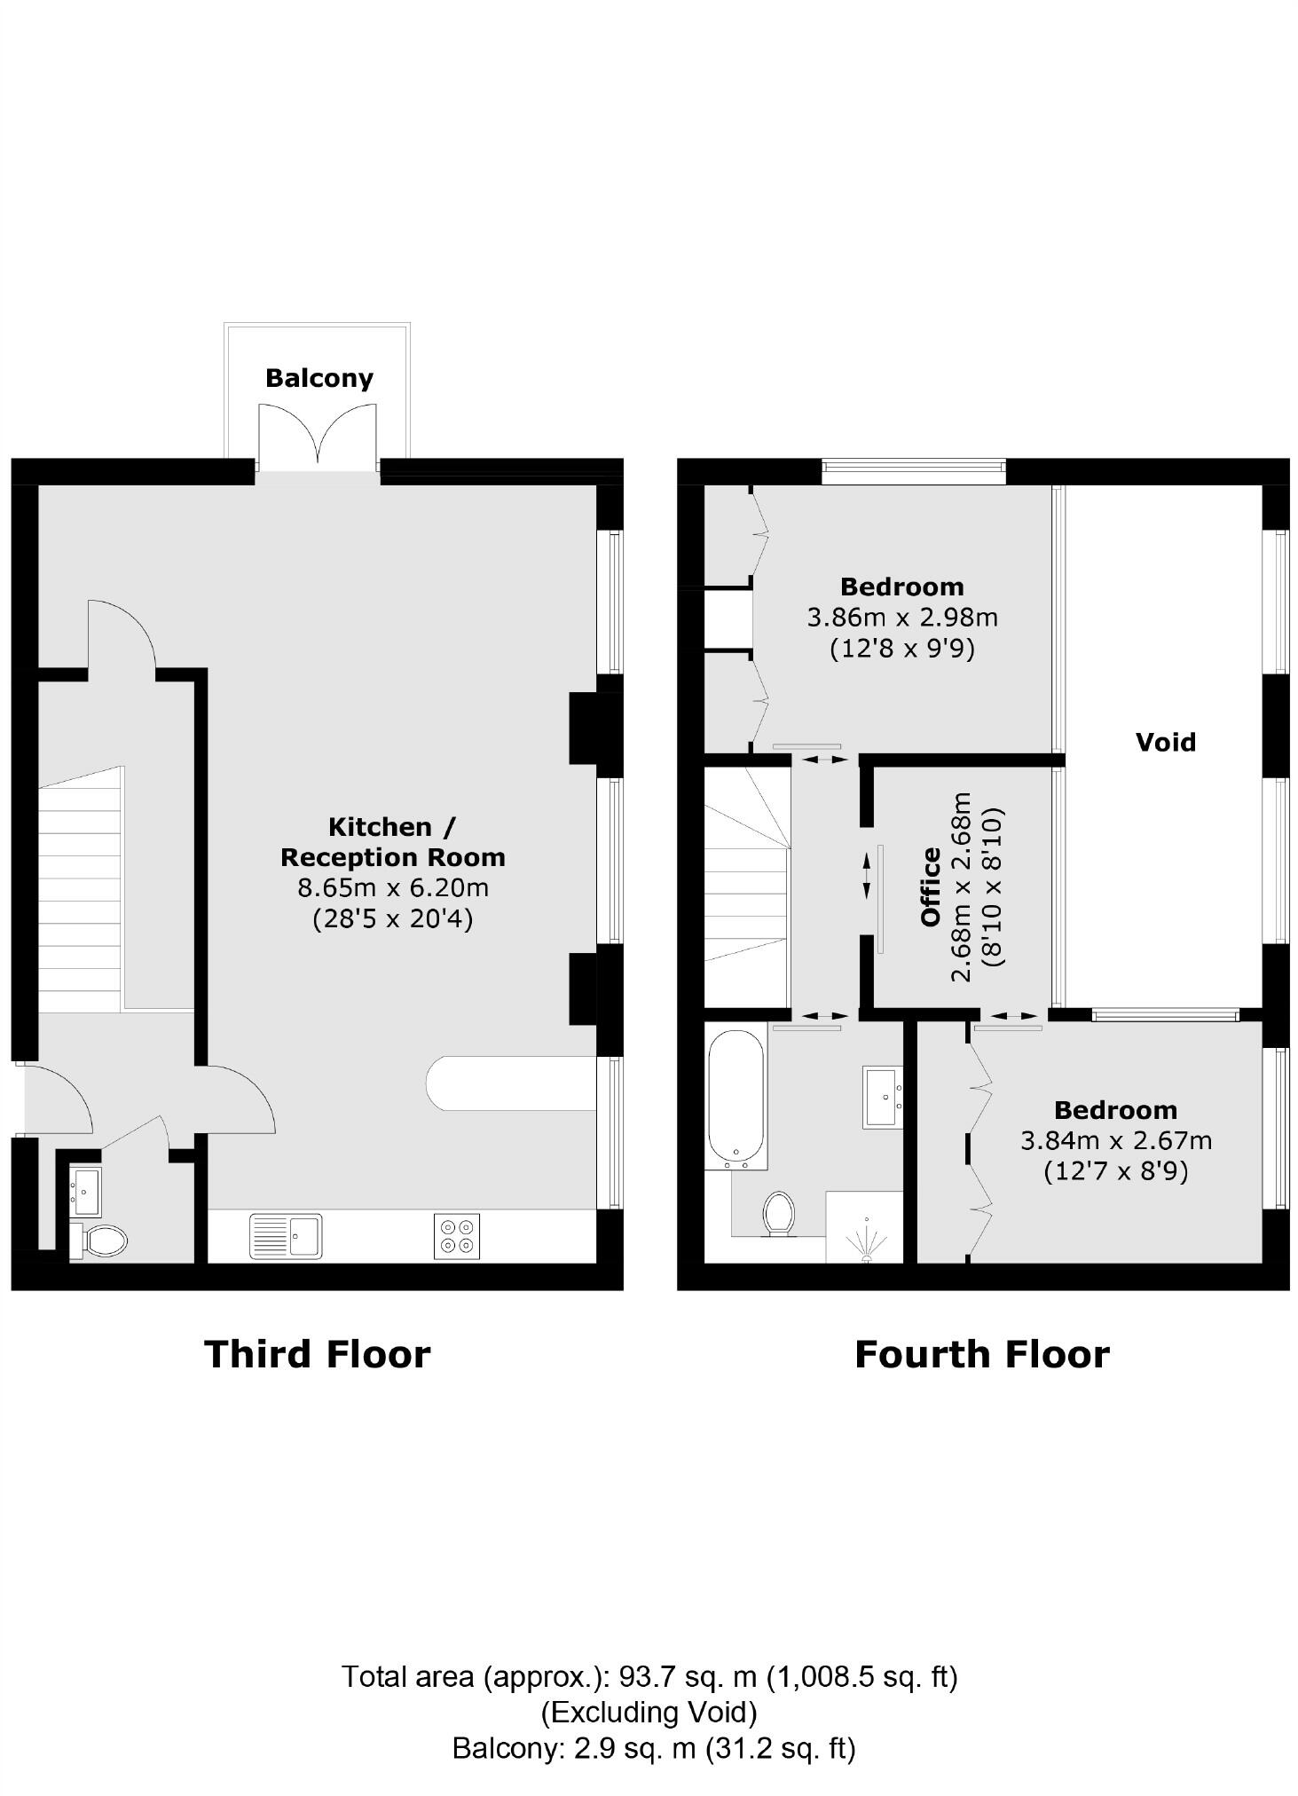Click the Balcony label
click(x=319, y=378)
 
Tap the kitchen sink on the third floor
click(x=286, y=1236)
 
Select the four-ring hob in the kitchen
click(x=457, y=1236)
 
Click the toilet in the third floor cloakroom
click(x=103, y=1240)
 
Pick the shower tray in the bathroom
click(x=864, y=1227)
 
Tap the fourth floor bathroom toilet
click(x=779, y=1213)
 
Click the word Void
click(x=1165, y=742)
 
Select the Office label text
click(x=930, y=886)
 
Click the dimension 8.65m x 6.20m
click(x=392, y=887)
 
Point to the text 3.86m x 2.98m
click(x=901, y=618)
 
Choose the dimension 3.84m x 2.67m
click(x=1115, y=1140)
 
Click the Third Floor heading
click(x=317, y=1355)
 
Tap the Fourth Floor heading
click(x=981, y=1355)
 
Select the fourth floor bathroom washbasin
click(x=882, y=1097)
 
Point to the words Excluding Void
click(x=649, y=1712)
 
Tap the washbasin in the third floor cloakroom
click(x=86, y=1191)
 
